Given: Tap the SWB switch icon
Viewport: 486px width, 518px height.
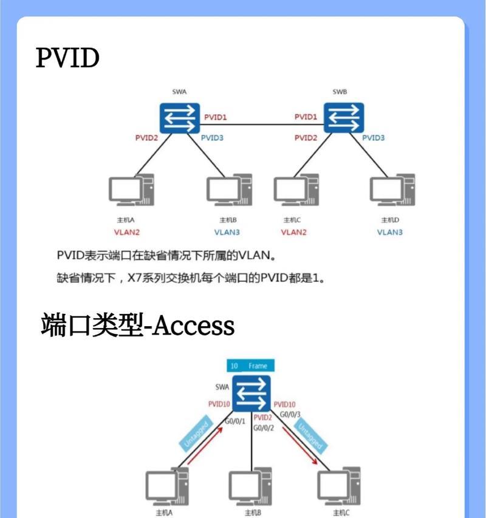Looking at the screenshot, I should [343, 117].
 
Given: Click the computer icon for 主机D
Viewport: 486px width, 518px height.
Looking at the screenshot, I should [392, 192].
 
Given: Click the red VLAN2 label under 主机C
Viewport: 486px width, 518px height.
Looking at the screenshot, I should [293, 232].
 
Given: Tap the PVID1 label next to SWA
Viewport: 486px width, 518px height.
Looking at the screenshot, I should [215, 117].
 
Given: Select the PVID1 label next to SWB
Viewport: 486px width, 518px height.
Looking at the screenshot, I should [306, 117].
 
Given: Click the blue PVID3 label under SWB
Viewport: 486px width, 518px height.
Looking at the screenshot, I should [373, 138].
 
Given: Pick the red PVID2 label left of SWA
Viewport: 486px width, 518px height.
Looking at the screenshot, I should [146, 138].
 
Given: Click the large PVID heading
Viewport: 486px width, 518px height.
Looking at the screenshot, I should [67, 59].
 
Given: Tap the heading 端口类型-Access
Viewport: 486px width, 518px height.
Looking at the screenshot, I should [137, 325].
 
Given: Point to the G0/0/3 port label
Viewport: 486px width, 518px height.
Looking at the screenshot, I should [290, 414].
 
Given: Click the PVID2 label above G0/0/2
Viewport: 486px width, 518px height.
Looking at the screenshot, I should [262, 417].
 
